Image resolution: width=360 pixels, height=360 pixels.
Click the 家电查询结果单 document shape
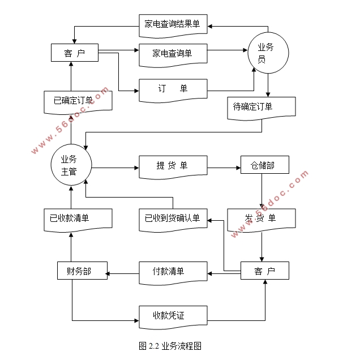click(173, 24)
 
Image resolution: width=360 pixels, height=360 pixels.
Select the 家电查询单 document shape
click(173, 53)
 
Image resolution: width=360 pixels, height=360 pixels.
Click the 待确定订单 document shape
click(261, 107)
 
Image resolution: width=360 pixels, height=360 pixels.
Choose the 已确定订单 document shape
click(78, 101)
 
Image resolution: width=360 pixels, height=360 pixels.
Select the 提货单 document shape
click(173, 166)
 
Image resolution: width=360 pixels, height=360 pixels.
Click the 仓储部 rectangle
click(265, 165)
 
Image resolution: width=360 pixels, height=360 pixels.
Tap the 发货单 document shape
click(261, 219)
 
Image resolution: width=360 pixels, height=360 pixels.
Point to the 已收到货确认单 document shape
click(173, 219)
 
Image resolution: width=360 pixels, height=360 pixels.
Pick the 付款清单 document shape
click(173, 271)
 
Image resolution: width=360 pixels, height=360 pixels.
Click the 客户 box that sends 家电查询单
click(74, 53)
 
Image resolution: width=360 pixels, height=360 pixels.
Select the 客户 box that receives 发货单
click(265, 271)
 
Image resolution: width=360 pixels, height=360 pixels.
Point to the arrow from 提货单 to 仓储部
click(224, 168)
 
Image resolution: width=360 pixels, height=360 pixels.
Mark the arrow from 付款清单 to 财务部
click(123, 275)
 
